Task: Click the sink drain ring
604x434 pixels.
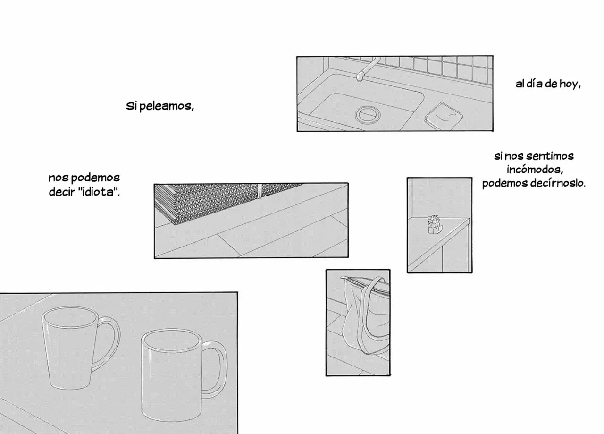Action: (x=368, y=114)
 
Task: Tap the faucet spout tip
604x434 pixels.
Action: (x=360, y=78)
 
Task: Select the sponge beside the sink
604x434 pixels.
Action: (x=443, y=116)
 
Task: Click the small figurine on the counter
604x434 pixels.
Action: (x=435, y=224)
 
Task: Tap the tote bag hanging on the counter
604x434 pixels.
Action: (x=365, y=315)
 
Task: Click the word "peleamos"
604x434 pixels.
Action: (x=167, y=106)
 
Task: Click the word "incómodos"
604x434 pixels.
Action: (x=535, y=170)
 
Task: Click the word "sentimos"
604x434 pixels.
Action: (x=550, y=156)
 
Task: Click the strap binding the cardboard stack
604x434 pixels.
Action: (x=259, y=191)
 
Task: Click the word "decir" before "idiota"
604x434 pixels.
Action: (x=62, y=192)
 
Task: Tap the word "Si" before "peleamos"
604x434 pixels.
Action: (x=131, y=106)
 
